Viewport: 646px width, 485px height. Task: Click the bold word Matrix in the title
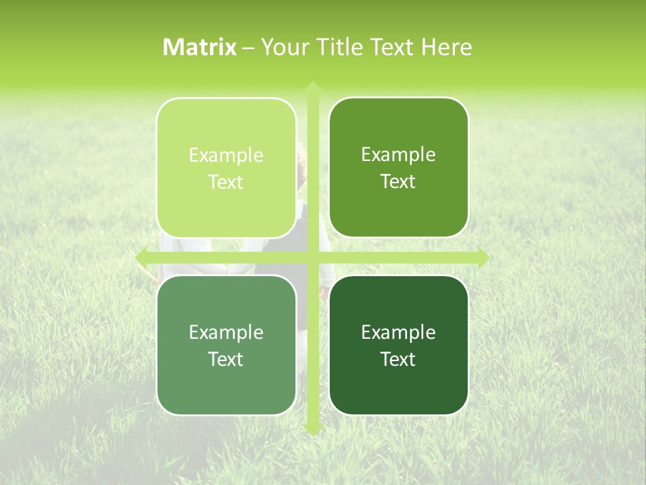pos(200,47)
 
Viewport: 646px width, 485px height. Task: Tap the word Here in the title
pos(447,47)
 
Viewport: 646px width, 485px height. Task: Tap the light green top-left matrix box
pos(226,168)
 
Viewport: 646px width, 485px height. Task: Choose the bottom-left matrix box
pos(226,345)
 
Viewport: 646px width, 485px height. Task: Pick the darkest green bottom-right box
pos(398,345)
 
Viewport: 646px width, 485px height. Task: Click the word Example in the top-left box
pos(226,156)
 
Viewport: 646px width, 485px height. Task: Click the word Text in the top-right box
pos(398,182)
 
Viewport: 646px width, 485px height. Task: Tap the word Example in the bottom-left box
pos(226,332)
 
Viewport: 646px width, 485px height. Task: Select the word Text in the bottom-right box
pos(398,359)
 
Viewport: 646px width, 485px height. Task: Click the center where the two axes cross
pos(312,257)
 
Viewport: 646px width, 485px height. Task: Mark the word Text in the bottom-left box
pos(226,359)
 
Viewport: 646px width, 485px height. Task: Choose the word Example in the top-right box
pos(398,155)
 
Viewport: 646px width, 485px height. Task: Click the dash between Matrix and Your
pos(248,48)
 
